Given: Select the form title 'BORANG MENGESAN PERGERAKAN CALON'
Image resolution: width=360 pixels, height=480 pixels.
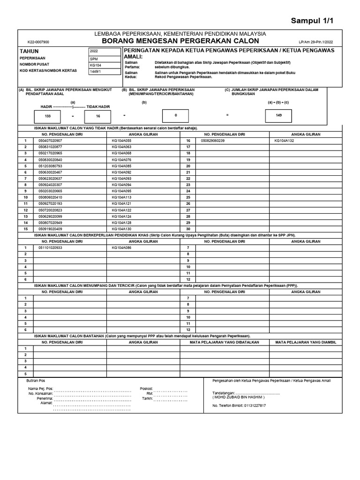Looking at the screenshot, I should (180, 41).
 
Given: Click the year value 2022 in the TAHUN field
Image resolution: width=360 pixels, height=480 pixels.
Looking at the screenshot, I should (94, 51).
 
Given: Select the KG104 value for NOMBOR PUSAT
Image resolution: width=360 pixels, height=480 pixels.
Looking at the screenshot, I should (95, 65).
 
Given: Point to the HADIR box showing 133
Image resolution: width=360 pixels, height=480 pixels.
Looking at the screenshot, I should (48, 115).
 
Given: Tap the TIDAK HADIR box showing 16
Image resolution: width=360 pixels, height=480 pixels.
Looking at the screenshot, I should (98, 116).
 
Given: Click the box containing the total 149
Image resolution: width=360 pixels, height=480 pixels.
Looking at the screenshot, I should (279, 115).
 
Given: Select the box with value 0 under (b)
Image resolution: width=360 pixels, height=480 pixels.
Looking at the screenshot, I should (176, 115).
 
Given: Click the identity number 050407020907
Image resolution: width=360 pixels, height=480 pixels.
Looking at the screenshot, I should (50, 141).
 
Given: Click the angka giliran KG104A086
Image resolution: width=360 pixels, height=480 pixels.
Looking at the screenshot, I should (121, 247).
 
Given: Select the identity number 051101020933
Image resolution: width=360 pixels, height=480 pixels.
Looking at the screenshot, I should (50, 247).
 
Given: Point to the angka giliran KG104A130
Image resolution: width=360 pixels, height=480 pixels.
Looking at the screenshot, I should (121, 229).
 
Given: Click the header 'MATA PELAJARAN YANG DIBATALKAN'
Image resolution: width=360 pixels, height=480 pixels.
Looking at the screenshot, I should (221, 342).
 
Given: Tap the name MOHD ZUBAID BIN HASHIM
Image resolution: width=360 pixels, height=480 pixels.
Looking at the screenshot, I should (239, 397).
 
